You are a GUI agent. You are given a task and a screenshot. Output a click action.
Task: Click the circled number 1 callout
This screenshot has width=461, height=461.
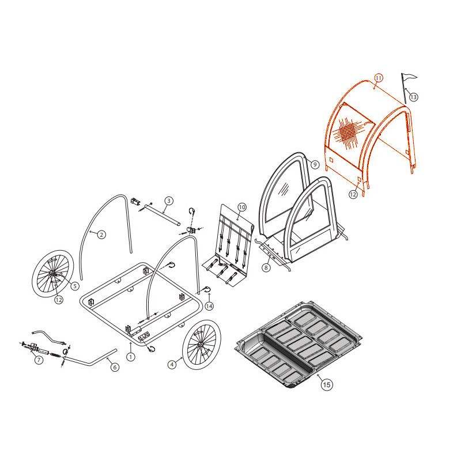pyautogui.click(x=131, y=357)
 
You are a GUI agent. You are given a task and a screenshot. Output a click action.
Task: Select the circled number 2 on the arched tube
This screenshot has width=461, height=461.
pyautogui.click(x=101, y=235)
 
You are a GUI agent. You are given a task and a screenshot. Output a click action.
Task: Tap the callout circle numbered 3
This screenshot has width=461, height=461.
pyautogui.click(x=168, y=201)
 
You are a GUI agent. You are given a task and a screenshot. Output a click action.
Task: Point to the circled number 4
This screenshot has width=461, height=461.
pyautogui.click(x=172, y=365)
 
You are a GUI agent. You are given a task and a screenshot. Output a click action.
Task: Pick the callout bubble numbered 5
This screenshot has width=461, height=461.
pyautogui.click(x=75, y=285)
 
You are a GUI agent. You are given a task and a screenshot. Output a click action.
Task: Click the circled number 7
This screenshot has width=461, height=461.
pyautogui.click(x=39, y=360)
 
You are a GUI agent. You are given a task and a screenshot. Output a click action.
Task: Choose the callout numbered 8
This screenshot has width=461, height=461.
pyautogui.click(x=266, y=267)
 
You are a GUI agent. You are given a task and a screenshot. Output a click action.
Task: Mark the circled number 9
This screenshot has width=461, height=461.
pyautogui.click(x=315, y=164)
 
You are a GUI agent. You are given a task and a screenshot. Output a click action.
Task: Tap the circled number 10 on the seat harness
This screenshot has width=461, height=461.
pyautogui.click(x=241, y=207)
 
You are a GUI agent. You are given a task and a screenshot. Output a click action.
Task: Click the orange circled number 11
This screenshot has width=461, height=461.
pyautogui.click(x=379, y=78)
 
